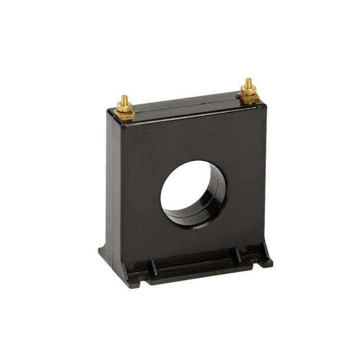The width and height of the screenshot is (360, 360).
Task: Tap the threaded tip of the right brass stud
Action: tap(248, 82)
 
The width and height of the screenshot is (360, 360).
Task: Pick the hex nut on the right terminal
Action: tap(248, 91)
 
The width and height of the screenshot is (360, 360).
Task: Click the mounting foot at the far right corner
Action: tap(265, 261)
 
